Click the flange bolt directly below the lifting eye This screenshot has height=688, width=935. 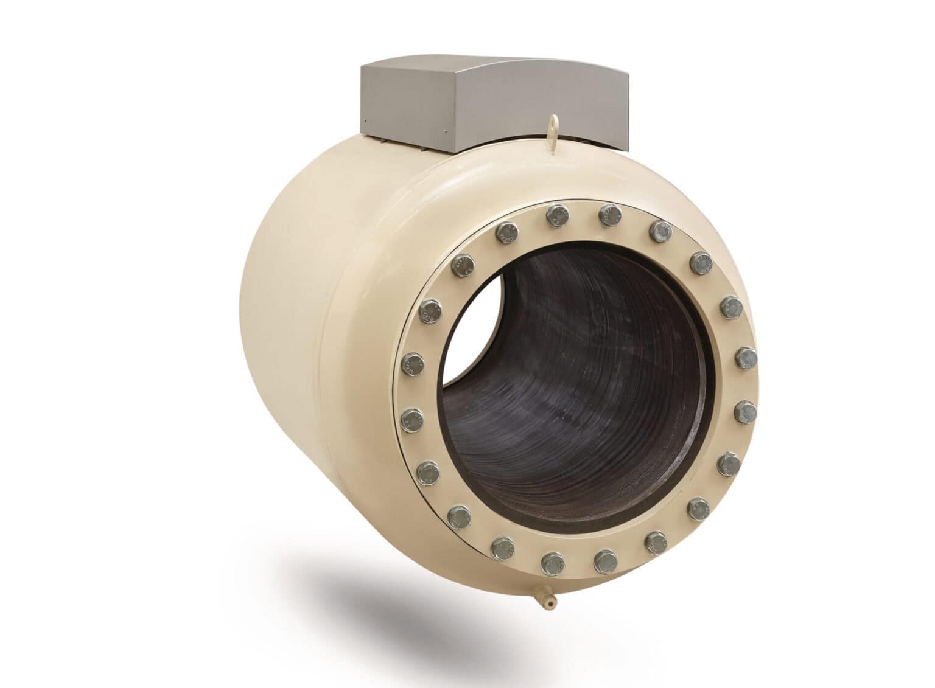tap(557, 216)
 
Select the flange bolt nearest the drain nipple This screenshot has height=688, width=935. tap(555, 563)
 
